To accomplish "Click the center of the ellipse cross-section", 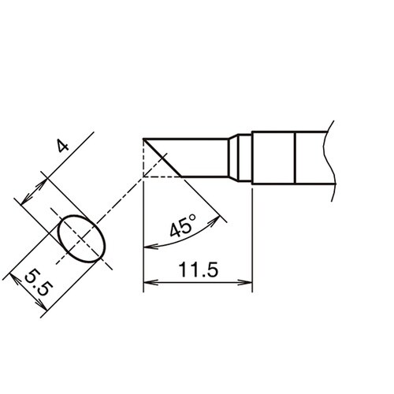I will (81, 240).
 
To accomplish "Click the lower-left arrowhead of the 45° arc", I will (149, 247).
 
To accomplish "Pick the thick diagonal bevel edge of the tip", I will (163, 157).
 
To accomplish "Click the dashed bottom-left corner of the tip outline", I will (144, 176).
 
